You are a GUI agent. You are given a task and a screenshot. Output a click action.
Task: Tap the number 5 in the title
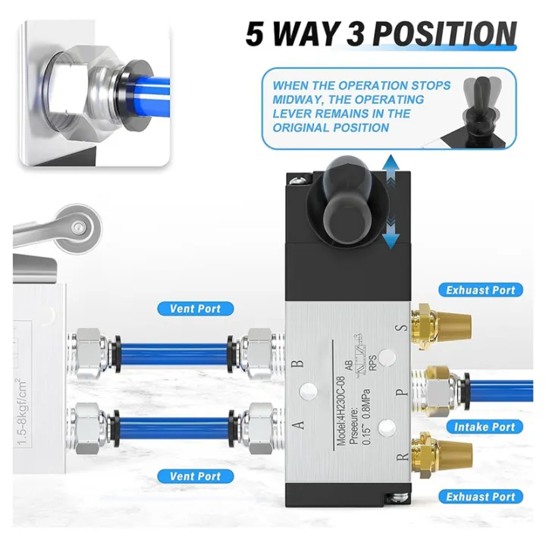coord(259,35)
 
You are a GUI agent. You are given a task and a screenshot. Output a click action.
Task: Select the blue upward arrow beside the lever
coord(391,170)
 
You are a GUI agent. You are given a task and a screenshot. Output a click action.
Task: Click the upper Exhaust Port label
coord(480,290)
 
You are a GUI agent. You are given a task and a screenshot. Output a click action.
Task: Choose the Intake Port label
coord(484,427)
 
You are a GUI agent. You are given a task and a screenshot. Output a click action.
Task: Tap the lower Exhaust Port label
coord(480,497)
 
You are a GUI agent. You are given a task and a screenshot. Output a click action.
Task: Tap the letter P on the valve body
coord(403,392)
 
